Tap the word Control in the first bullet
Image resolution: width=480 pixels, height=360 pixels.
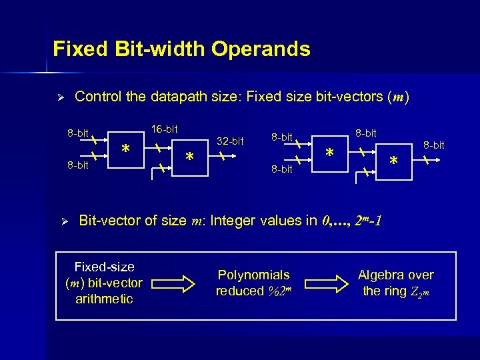pyautogui.click(x=98, y=97)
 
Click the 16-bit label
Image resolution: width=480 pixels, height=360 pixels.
pyautogui.click(x=165, y=128)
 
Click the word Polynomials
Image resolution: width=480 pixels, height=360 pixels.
pyautogui.click(x=254, y=275)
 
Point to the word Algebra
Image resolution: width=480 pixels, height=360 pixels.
pyautogui.click(x=381, y=275)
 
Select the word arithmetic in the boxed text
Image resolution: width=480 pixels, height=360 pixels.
pyautogui.click(x=104, y=299)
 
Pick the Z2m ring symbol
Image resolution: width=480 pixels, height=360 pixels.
pyautogui.click(x=421, y=291)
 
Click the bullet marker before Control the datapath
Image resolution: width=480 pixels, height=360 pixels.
pyautogui.click(x=59, y=97)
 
